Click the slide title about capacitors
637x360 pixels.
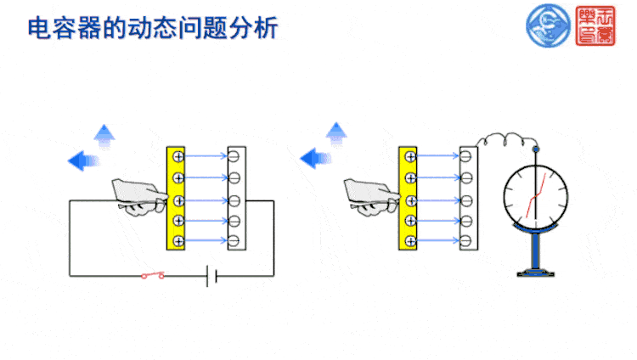153,27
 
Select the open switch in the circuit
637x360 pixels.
154,275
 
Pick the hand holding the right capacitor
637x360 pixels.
370,194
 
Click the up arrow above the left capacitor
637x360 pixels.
104,134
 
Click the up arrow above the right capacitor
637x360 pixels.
337,132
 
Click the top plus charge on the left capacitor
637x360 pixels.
178,156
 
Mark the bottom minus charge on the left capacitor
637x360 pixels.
236,242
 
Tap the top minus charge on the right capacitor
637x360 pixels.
466,156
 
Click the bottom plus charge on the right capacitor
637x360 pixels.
409,242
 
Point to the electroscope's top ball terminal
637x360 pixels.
535,149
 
